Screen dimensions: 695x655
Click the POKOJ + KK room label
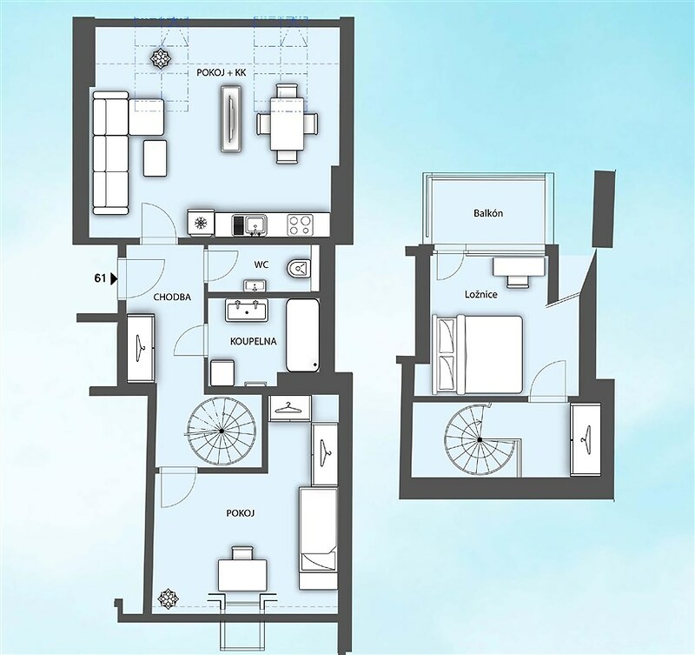[x=222, y=73]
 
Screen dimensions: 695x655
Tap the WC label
[x=261, y=265]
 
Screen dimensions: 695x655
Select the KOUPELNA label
[x=254, y=341]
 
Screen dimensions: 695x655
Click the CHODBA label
[x=172, y=297]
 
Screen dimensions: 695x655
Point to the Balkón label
[x=488, y=213]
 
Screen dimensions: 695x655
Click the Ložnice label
[x=481, y=294]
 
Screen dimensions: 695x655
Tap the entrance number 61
[x=100, y=278]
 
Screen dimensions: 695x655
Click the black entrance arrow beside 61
[x=114, y=278]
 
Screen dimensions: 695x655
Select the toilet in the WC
[x=299, y=269]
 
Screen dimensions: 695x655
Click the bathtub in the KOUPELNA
[x=302, y=335]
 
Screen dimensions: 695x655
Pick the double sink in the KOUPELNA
[x=247, y=310]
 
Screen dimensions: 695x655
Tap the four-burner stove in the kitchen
[x=300, y=224]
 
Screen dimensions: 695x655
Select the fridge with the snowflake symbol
[x=201, y=223]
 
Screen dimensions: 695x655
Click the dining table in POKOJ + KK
[x=288, y=124]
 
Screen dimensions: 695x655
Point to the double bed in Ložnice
[x=477, y=355]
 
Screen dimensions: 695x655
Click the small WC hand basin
[x=255, y=285]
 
